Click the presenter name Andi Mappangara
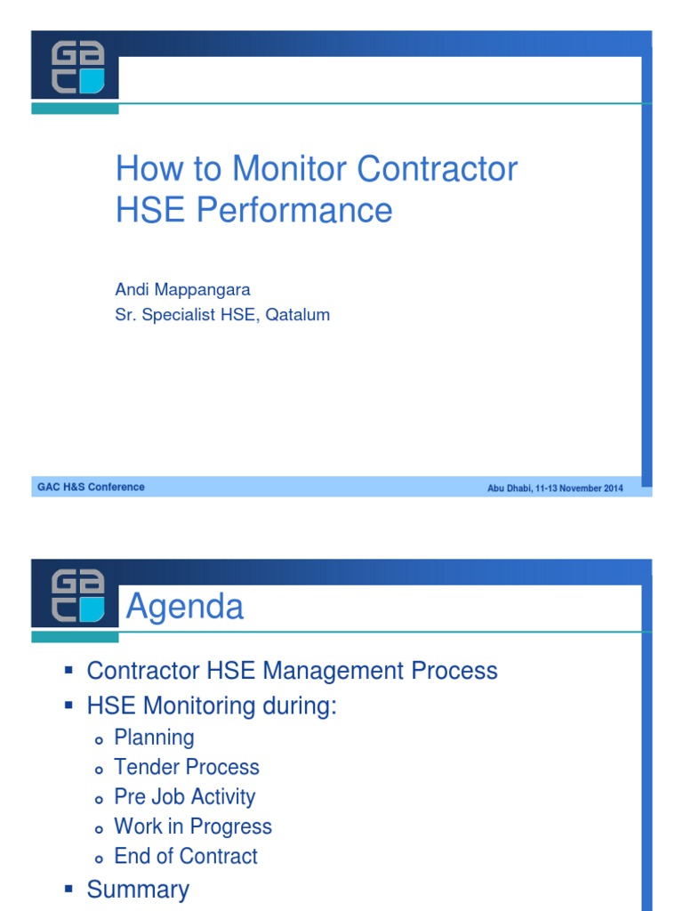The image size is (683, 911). (182, 290)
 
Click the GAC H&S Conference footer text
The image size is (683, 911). (91, 488)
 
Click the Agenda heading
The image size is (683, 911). (185, 607)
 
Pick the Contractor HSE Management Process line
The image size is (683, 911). (292, 670)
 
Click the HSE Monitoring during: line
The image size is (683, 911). (212, 706)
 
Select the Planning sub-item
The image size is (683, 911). (154, 738)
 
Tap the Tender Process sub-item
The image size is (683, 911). (187, 767)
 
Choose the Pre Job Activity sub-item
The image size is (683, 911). (184, 797)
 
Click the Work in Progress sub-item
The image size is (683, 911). (193, 826)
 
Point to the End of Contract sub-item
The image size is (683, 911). (186, 856)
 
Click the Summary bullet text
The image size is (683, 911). (138, 890)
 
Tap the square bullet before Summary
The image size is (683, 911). (68, 890)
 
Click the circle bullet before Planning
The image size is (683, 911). (100, 738)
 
